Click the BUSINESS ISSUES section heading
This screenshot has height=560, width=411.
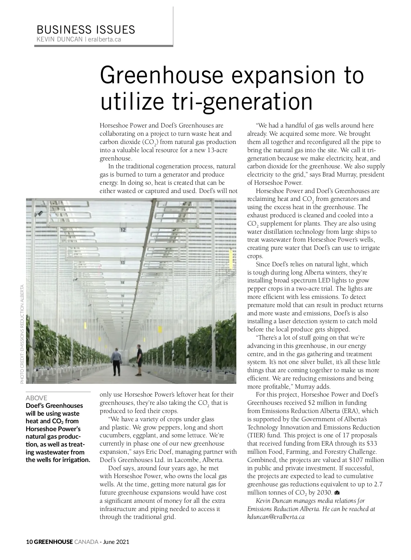tap(86, 29)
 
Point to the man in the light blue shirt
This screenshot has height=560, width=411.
tap(117, 361)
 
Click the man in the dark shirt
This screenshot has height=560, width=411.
tap(139, 360)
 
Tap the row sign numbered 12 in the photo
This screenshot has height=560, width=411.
tap(123, 230)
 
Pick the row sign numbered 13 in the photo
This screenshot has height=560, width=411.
tap(122, 263)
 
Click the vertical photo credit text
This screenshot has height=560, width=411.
tap(22, 334)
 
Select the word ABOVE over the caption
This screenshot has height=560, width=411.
tap(37, 398)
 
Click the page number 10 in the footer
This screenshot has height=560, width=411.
tap(29, 542)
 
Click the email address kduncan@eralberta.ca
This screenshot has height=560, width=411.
tap(276, 517)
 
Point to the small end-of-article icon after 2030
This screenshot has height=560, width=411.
tap(337, 493)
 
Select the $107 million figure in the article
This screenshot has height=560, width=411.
tap(367, 460)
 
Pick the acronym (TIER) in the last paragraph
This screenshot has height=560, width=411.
tap(256, 435)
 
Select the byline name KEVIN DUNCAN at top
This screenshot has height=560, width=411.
tap(59, 39)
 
